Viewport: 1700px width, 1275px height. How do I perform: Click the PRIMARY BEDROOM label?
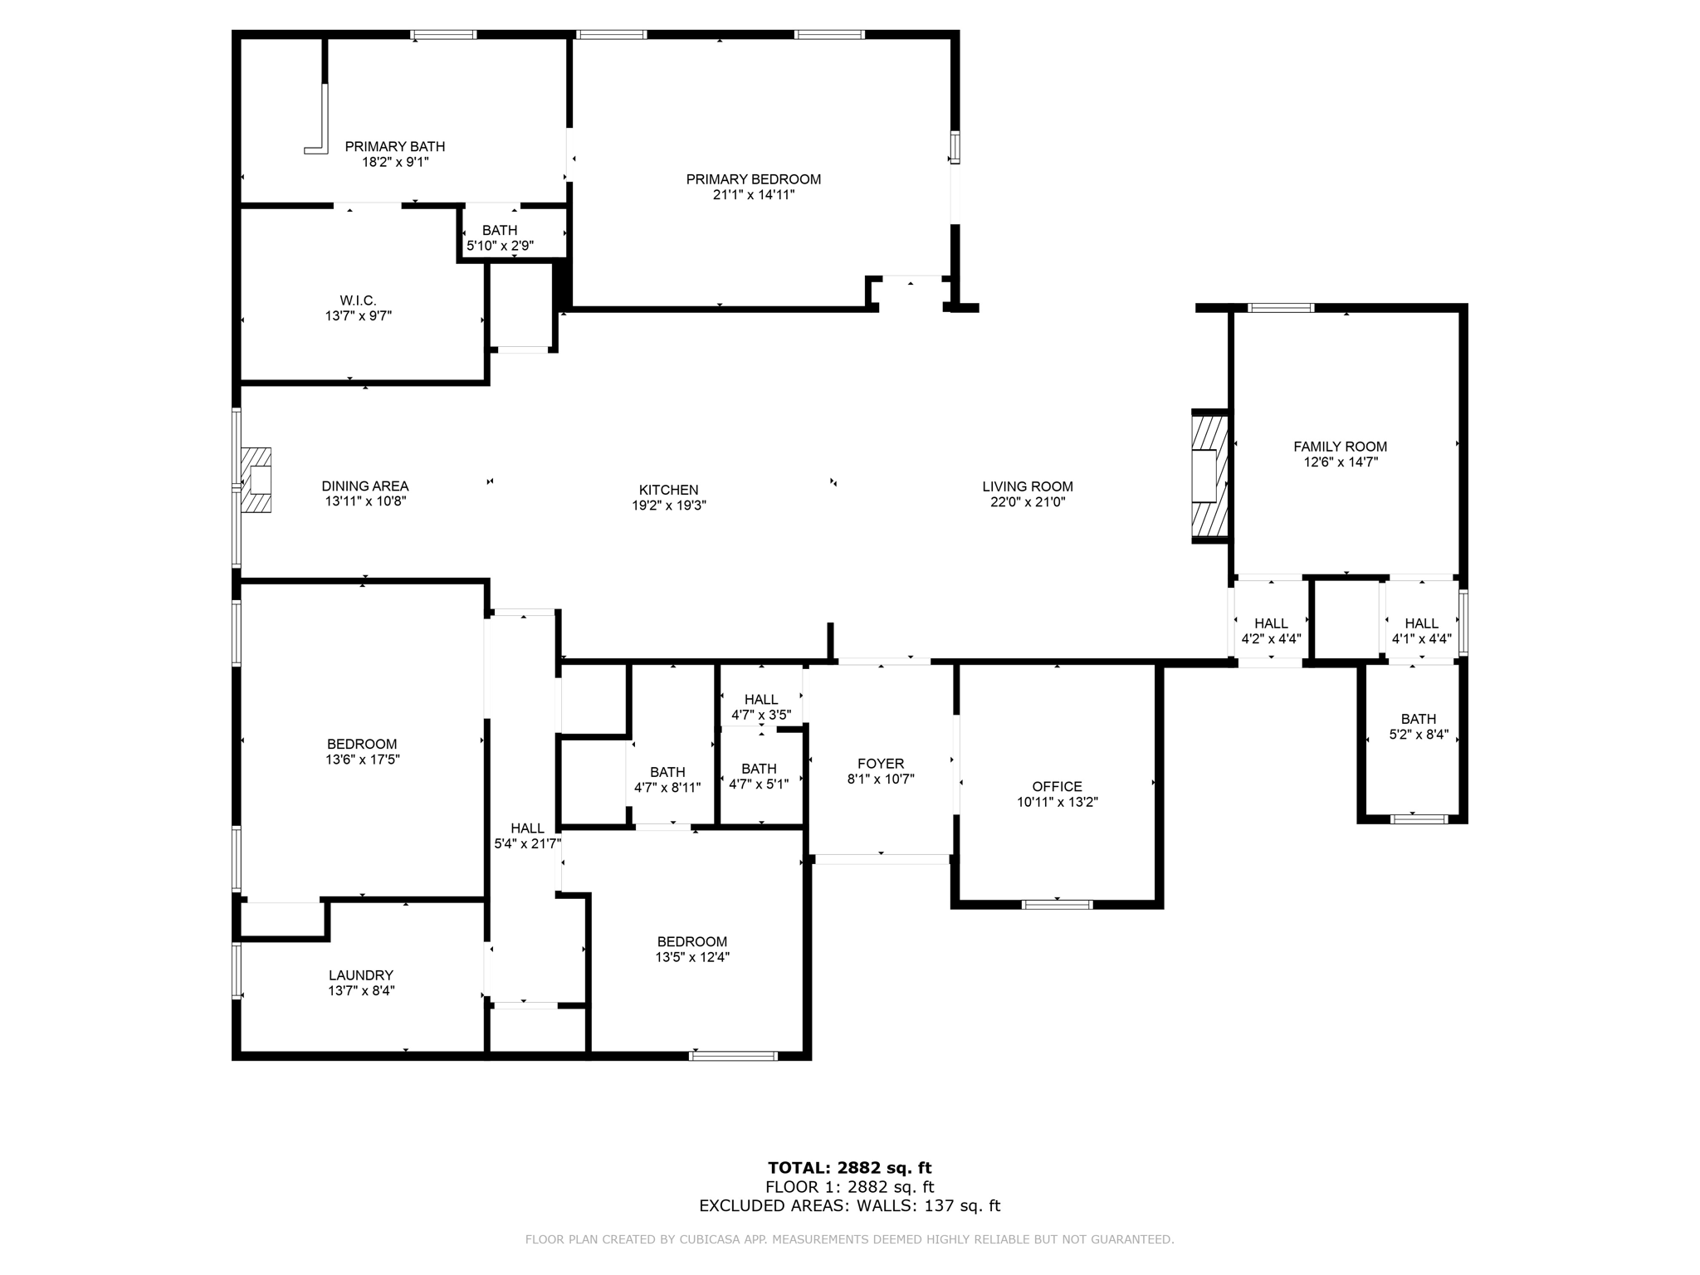click(x=753, y=179)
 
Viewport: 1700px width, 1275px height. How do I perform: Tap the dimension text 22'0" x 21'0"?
click(x=1027, y=502)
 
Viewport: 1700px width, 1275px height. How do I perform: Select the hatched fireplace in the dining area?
click(x=256, y=481)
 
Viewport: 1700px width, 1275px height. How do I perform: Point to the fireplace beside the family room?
click(x=1209, y=476)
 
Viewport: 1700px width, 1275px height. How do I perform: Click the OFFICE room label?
click(x=1057, y=786)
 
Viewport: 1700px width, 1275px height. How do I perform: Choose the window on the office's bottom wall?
click(x=1057, y=904)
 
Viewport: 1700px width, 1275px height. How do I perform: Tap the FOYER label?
click(x=881, y=764)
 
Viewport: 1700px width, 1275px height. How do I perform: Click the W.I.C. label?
click(x=358, y=300)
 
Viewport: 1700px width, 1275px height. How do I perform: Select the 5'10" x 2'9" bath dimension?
click(x=500, y=246)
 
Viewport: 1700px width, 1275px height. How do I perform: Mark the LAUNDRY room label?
click(x=360, y=975)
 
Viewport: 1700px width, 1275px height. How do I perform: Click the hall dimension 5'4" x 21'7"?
click(x=528, y=843)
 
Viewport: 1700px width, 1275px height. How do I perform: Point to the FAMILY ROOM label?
click(x=1340, y=447)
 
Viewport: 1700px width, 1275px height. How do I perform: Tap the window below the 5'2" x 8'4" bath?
click(x=1419, y=818)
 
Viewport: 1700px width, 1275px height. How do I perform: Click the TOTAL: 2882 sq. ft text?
click(x=849, y=1169)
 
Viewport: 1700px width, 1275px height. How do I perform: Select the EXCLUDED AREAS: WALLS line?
click(x=849, y=1206)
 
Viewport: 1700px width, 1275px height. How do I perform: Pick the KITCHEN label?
click(x=668, y=490)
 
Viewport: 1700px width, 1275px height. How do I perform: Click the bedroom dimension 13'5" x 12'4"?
click(x=692, y=957)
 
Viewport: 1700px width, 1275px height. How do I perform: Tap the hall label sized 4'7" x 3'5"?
click(x=760, y=700)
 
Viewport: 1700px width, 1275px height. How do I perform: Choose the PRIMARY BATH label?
click(x=395, y=147)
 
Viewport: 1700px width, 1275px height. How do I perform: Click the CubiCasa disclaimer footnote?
click(x=849, y=1240)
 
